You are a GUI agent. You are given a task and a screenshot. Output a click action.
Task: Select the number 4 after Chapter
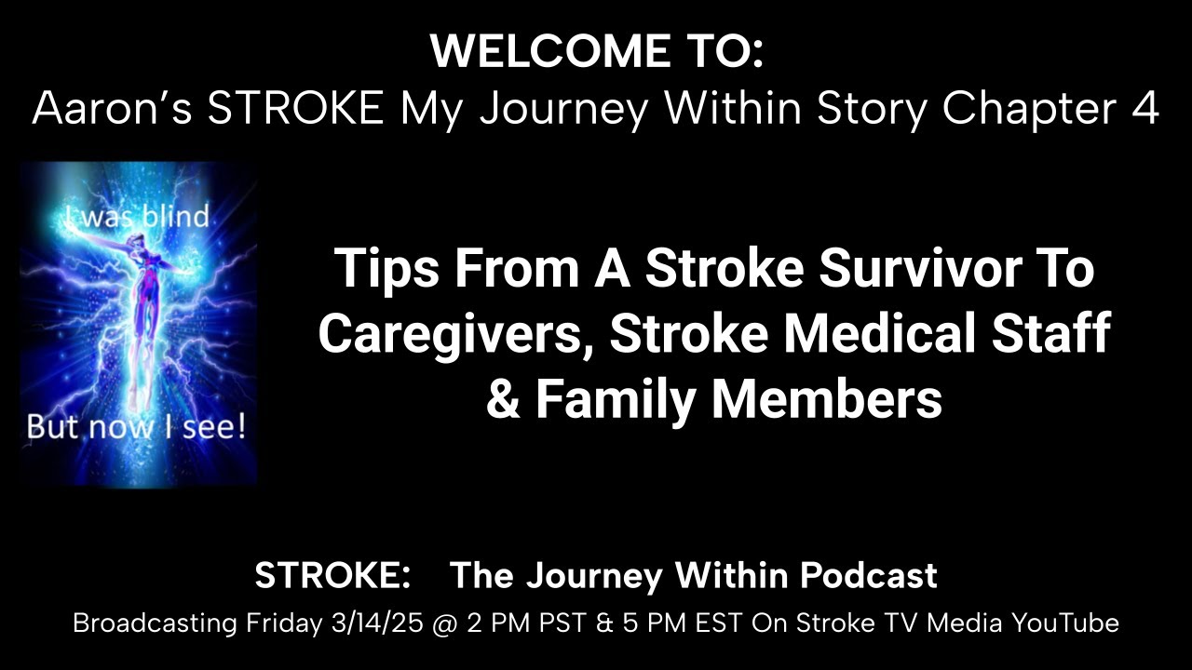pyautogui.click(x=1145, y=110)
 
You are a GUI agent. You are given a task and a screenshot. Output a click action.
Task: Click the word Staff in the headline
pyautogui.click(x=1054, y=335)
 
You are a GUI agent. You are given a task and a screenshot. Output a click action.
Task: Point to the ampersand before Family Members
pyautogui.click(x=503, y=400)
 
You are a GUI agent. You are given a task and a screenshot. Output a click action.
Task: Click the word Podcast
pyautogui.click(x=869, y=576)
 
